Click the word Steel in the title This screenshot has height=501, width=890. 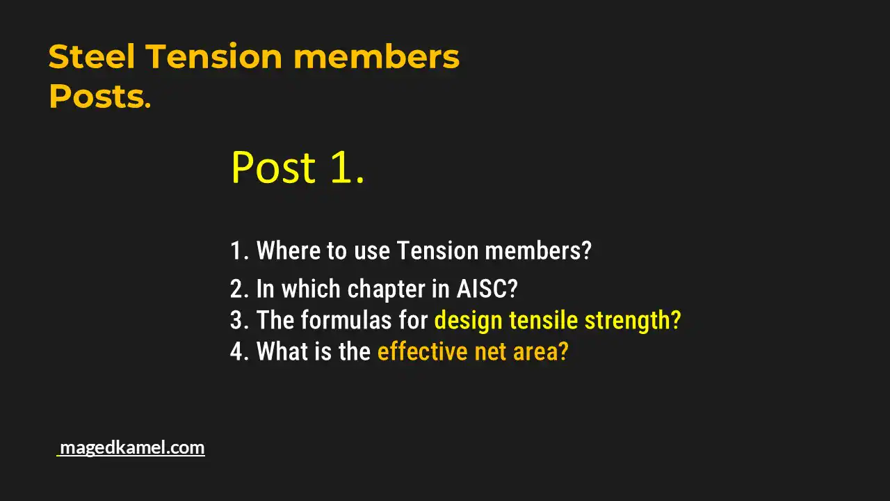click(x=92, y=56)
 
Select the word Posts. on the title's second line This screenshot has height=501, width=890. click(x=99, y=97)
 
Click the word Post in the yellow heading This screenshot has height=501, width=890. click(x=273, y=168)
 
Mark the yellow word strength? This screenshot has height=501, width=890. click(x=633, y=320)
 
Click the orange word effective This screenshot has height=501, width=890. click(x=422, y=351)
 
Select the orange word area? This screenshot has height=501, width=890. click(x=541, y=351)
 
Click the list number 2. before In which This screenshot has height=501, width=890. click(x=239, y=289)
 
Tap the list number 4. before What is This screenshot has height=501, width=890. click(x=239, y=351)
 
